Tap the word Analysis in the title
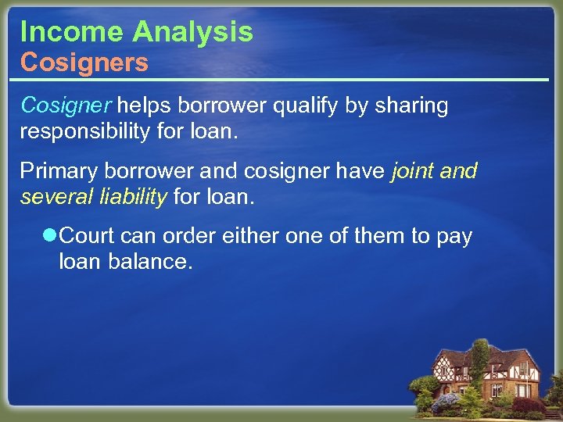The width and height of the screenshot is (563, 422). pyautogui.click(x=192, y=32)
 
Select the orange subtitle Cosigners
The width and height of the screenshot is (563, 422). pyautogui.click(x=84, y=63)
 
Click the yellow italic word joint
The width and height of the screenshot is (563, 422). pyautogui.click(x=411, y=170)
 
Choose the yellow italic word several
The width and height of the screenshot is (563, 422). pyautogui.click(x=59, y=195)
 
